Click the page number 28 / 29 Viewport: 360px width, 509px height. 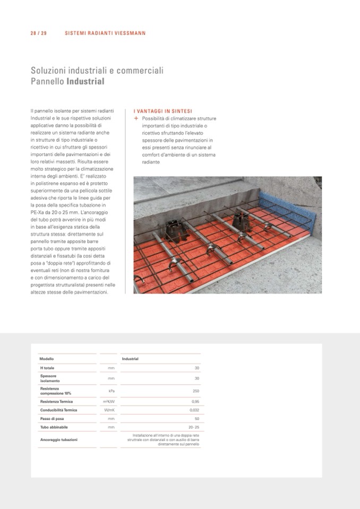click(38, 33)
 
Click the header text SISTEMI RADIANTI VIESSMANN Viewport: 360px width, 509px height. click(105, 33)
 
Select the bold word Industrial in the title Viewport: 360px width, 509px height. click(85, 82)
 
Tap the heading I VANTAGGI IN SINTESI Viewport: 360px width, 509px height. click(163, 111)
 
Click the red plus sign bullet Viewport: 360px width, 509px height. click(136, 118)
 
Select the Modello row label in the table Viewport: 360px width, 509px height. click(47, 359)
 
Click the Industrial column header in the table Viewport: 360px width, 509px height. click(130, 359)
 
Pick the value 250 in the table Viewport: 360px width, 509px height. click(196, 391)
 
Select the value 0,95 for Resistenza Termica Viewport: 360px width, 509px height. click(195, 402)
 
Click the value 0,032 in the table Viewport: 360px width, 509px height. click(194, 410)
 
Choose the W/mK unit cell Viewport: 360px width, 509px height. click(110, 410)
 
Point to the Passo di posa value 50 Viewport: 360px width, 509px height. click(196, 419)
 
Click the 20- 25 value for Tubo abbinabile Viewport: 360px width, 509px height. click(194, 427)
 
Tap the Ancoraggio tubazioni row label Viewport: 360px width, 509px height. click(59, 440)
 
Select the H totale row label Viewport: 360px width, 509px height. click(47, 368)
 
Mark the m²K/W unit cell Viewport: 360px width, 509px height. click(109, 402)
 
